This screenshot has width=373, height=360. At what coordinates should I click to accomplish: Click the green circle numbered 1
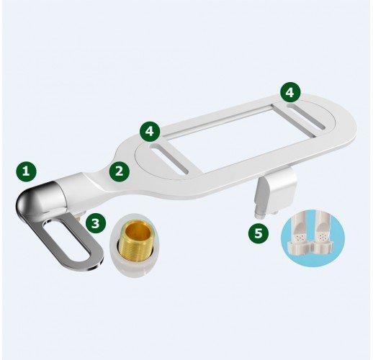coord(26,172)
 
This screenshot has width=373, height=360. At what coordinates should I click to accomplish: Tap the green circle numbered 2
coord(120,171)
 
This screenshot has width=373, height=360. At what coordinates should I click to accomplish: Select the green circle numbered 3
coord(96,223)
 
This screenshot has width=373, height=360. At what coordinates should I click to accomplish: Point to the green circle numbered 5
coord(259,233)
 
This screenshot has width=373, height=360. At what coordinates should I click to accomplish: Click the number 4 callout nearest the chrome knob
coord(150,131)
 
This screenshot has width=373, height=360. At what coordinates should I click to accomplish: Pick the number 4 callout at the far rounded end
coord(290,92)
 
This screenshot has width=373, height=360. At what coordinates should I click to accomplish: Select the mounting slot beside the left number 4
coord(169,158)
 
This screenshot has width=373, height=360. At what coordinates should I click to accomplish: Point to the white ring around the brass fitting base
coord(134,261)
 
